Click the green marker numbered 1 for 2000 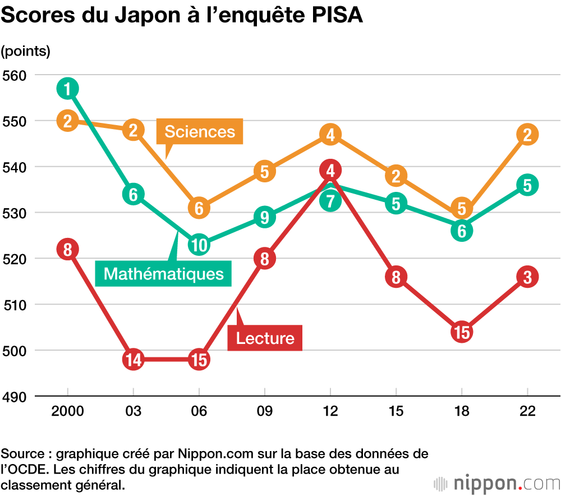(67, 89)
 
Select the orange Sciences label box (200, 132)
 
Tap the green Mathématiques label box (163, 274)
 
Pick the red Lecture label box (265, 338)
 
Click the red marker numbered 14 (134, 359)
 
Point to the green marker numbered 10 (199, 245)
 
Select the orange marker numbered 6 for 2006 (199, 208)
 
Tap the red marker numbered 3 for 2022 (527, 277)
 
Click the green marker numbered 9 (265, 217)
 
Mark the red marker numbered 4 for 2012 (330, 169)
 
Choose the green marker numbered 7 (330, 200)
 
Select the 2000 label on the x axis (67, 412)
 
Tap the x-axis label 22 (527, 412)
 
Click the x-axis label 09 (265, 412)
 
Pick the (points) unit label (26, 51)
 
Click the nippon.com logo (497, 483)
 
